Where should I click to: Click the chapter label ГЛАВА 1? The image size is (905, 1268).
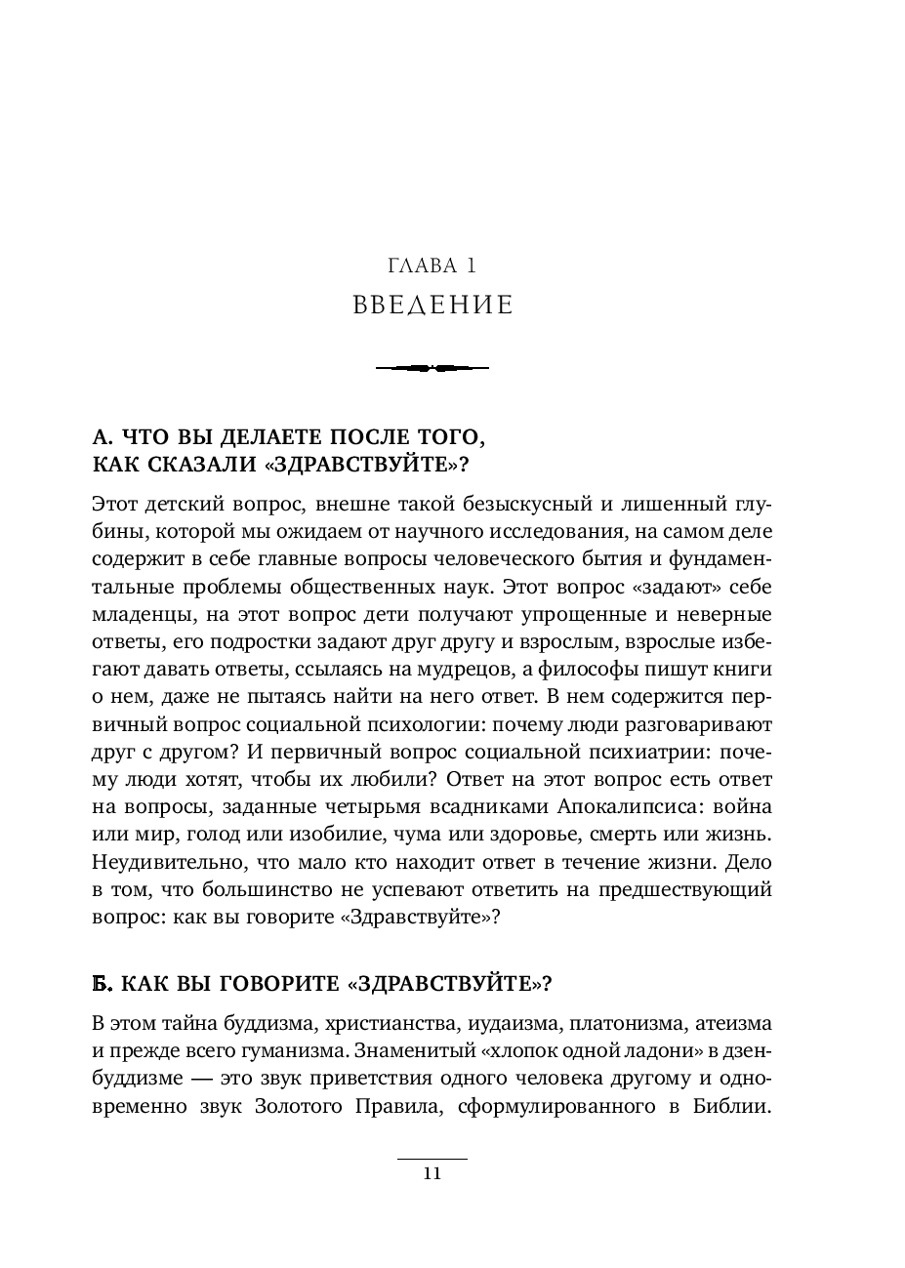click(432, 265)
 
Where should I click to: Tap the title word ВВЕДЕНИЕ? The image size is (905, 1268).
click(432, 306)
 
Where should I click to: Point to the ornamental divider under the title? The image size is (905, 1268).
click(432, 368)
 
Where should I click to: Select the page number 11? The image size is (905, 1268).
click(432, 1174)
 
